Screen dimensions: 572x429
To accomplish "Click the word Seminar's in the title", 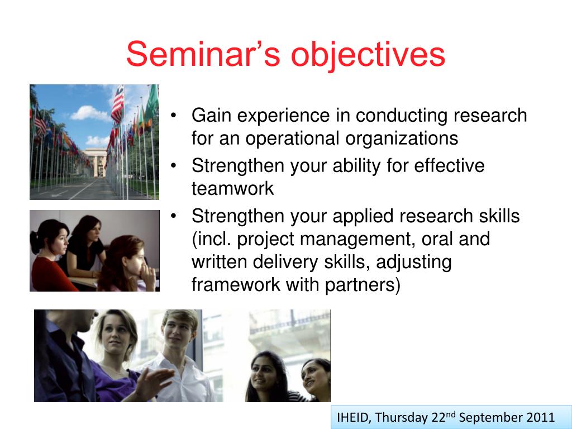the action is pyautogui.click(x=203, y=54).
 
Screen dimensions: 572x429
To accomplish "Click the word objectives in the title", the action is pyautogui.click(x=368, y=55).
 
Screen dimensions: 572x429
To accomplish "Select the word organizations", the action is pyautogui.click(x=401, y=139).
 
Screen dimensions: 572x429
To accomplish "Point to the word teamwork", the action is pyautogui.click(x=232, y=189).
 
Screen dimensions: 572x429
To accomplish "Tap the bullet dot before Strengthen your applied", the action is pyautogui.click(x=174, y=216).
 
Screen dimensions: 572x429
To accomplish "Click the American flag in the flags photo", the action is pyautogui.click(x=117, y=104).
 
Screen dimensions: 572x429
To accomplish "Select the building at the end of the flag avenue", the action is pyautogui.click(x=95, y=161).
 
